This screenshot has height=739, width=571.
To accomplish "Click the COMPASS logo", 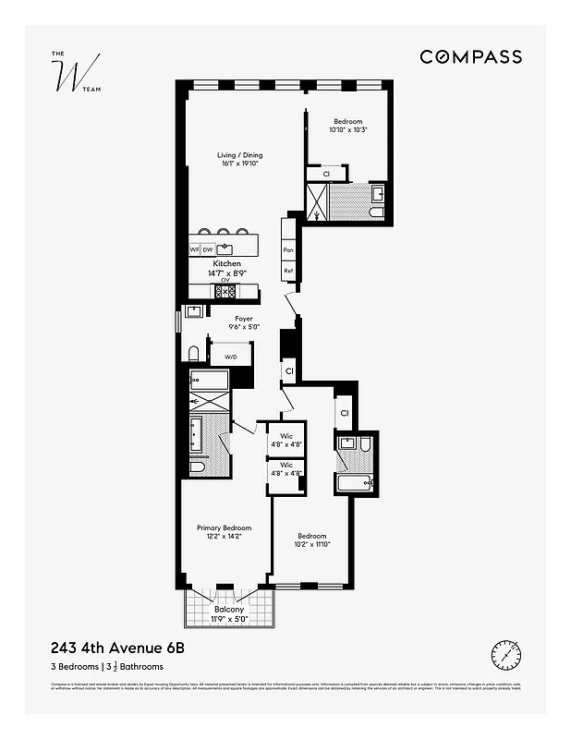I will (x=470, y=57).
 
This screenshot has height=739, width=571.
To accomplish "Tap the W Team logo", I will (x=71, y=78).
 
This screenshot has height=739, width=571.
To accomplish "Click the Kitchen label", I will (x=226, y=264).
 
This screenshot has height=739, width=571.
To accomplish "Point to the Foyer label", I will (x=243, y=319).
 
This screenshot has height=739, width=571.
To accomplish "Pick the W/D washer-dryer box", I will (x=230, y=356).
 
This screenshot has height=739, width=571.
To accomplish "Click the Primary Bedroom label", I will (x=224, y=528).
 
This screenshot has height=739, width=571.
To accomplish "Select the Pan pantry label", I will (x=288, y=250).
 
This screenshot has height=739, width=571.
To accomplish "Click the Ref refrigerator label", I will (x=288, y=272).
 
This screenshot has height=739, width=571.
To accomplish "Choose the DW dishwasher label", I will (x=208, y=250).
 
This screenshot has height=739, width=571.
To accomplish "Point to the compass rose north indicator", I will (x=506, y=655).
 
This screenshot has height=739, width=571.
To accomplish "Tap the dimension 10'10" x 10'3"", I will (x=347, y=130).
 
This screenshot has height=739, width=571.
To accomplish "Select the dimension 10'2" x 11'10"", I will (x=311, y=545).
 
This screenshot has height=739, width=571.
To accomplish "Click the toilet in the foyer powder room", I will (x=194, y=354).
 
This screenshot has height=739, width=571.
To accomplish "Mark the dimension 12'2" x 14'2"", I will (x=224, y=538).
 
